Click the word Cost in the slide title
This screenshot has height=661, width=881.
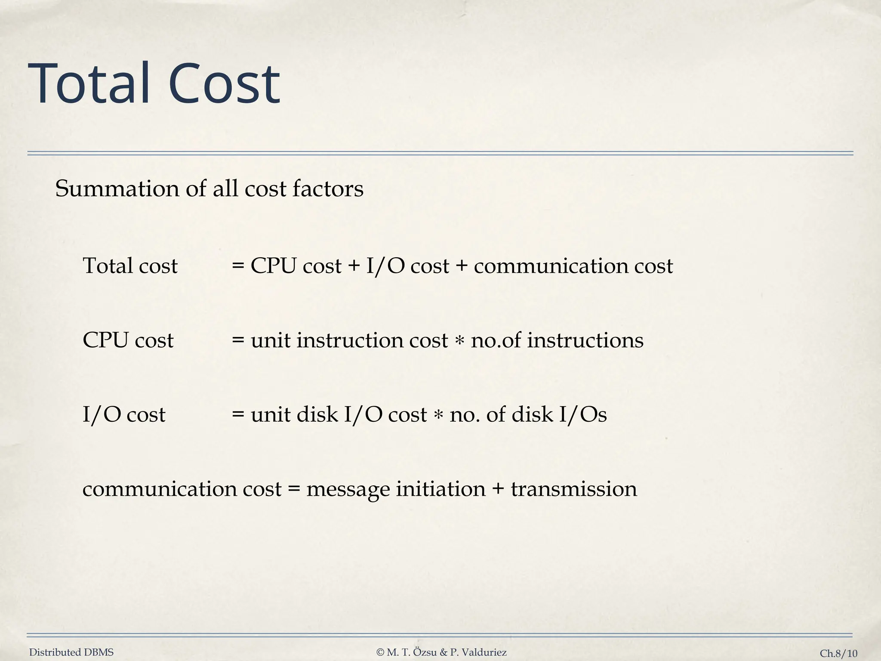point(224,83)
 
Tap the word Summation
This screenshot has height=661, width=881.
point(117,189)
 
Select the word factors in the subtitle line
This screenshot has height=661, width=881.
point(328,189)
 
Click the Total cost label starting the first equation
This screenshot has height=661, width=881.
point(130,266)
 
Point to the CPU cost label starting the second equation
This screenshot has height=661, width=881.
point(128,340)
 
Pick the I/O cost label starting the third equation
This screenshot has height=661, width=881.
point(124,415)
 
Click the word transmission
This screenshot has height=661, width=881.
point(574,489)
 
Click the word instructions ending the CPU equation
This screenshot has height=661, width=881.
point(585,340)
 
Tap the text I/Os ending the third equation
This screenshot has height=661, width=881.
point(583,415)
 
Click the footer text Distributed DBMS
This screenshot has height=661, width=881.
point(71,652)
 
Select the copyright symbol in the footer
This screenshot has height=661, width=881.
point(380,652)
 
